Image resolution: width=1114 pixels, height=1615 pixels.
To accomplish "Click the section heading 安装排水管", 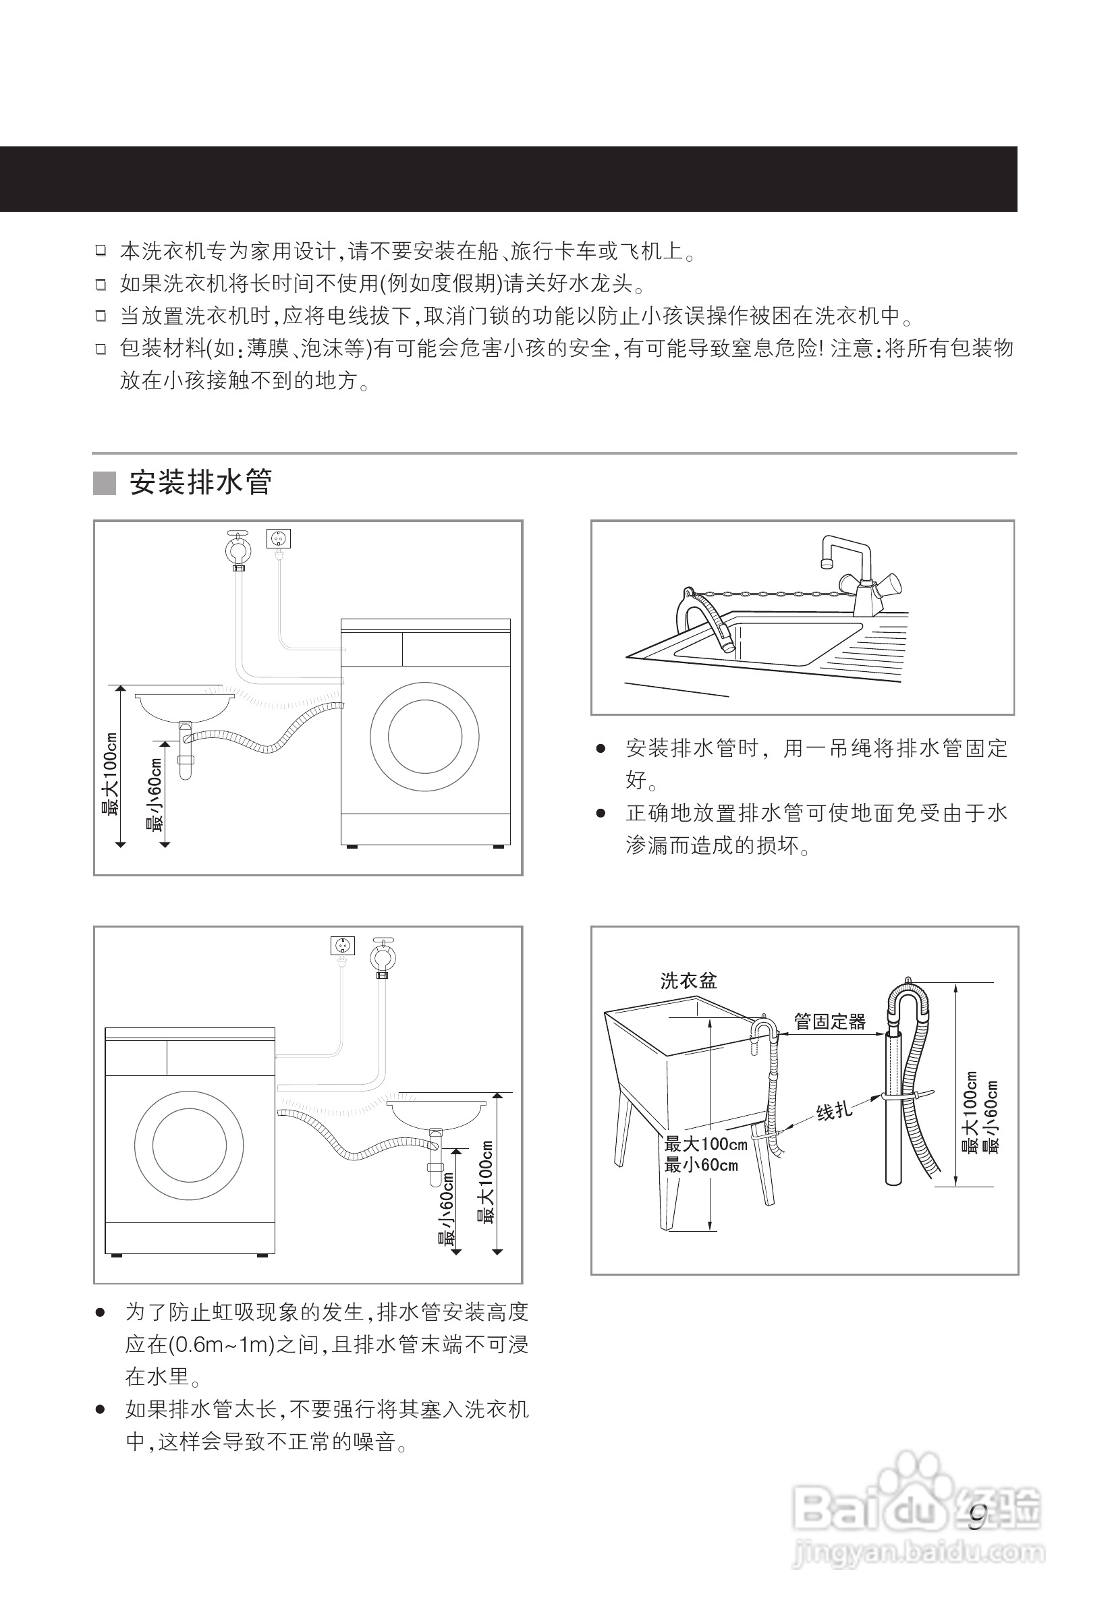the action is tap(200, 482).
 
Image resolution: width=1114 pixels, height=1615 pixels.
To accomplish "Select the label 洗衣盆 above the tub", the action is tap(688, 981).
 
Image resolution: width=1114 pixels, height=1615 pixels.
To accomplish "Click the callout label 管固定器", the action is tap(829, 1022).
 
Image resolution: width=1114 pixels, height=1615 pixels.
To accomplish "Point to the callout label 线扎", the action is tap(834, 1110).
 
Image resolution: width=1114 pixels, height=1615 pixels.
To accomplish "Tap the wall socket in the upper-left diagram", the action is tap(279, 539).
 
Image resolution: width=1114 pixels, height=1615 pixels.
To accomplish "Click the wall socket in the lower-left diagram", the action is tap(342, 945).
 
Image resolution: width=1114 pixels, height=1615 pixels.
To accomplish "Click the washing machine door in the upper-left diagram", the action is tap(424, 737).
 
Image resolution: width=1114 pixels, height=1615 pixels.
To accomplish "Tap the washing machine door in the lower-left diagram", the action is tap(189, 1145).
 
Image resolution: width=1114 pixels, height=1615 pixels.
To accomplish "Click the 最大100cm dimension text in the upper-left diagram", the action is tap(110, 773).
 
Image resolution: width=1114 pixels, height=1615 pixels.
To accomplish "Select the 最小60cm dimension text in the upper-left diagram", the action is tap(155, 795).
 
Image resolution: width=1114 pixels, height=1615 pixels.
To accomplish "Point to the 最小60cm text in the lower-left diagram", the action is tap(446, 1210).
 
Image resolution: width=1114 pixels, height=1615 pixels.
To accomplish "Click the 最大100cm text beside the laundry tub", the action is tap(706, 1144).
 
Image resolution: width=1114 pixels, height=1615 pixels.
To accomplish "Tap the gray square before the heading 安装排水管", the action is tap(105, 483).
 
